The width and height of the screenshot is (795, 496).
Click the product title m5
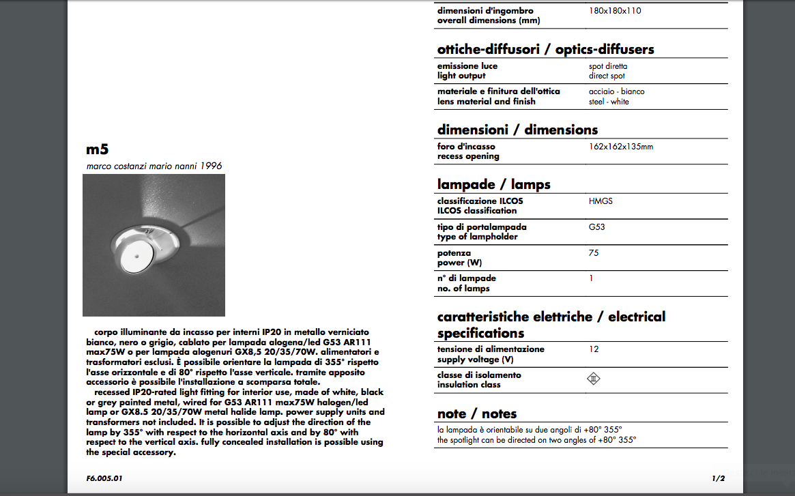click(98, 149)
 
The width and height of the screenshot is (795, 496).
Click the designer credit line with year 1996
click(154, 166)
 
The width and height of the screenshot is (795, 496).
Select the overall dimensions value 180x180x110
click(615, 11)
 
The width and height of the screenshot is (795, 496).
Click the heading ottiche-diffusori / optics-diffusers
click(545, 49)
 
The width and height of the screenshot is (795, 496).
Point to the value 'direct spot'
click(607, 76)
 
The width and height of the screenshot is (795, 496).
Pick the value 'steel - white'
click(609, 102)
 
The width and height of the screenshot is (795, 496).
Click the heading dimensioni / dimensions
click(517, 130)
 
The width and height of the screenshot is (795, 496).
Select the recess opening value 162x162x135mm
click(620, 147)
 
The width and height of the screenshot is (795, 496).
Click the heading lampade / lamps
click(493, 184)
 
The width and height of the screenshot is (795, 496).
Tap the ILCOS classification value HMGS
click(601, 201)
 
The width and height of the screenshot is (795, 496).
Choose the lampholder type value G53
click(596, 227)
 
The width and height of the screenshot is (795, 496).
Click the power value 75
click(594, 253)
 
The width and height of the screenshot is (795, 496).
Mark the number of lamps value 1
click(591, 278)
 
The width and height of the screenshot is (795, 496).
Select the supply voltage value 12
click(594, 349)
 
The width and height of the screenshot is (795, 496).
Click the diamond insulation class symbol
click(594, 379)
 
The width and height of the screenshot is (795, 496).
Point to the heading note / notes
click(477, 413)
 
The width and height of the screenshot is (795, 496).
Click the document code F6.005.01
click(104, 478)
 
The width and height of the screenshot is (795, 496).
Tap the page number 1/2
click(718, 478)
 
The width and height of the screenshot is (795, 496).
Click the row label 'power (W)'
click(461, 263)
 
